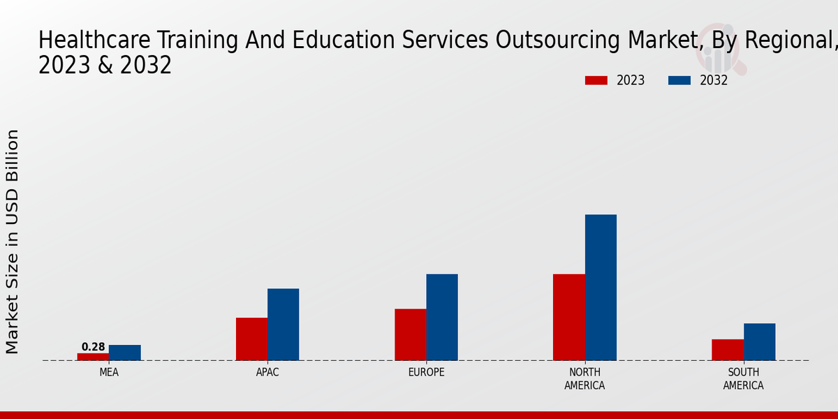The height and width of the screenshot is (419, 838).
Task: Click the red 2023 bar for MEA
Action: (x=93, y=357)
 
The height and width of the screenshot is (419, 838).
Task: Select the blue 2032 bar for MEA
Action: (x=124, y=353)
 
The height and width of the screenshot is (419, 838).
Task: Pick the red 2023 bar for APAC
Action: (x=251, y=339)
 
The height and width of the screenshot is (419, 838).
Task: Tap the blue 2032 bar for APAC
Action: (x=283, y=324)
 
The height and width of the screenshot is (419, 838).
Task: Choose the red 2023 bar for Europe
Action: (x=410, y=335)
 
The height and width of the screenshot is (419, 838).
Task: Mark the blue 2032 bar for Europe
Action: (x=442, y=317)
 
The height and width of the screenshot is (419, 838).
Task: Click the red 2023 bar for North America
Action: (x=568, y=317)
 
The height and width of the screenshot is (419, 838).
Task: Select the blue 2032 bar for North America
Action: (x=601, y=287)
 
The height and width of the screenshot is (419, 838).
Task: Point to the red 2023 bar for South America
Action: (x=728, y=350)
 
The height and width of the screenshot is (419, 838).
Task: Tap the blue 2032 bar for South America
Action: (x=759, y=341)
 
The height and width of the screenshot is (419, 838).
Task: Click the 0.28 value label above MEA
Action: (x=93, y=347)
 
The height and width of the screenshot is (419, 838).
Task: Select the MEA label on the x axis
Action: (x=109, y=373)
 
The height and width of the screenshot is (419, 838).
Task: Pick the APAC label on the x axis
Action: (x=267, y=373)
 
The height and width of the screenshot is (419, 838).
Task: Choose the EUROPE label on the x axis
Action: (x=426, y=373)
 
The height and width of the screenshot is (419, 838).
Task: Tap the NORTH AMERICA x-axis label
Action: (x=585, y=379)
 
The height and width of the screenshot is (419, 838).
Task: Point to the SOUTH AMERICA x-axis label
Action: (x=743, y=379)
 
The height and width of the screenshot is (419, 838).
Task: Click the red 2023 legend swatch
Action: (x=596, y=80)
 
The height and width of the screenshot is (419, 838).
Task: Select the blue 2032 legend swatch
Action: (x=679, y=80)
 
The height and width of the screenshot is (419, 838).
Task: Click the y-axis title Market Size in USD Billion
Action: (x=13, y=241)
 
